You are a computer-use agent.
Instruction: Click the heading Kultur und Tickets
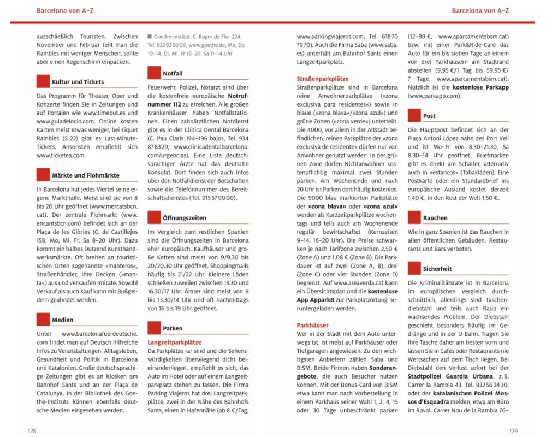tap(78, 82)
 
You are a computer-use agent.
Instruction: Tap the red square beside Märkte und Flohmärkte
tap(43, 175)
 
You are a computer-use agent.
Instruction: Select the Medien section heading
tap(62, 320)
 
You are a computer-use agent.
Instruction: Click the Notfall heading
tap(173, 73)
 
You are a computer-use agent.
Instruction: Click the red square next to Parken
tap(155, 328)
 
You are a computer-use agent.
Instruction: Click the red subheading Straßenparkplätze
tap(322, 79)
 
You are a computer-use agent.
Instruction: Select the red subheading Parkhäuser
tap(312, 325)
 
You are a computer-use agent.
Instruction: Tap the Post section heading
tap(429, 116)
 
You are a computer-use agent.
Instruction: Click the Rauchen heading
tap(435, 218)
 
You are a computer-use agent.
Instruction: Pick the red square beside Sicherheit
tap(414, 269)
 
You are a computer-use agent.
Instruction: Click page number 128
tap(32, 430)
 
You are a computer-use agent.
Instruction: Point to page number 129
tap(512, 430)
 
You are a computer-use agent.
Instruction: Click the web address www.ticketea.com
tap(61, 156)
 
